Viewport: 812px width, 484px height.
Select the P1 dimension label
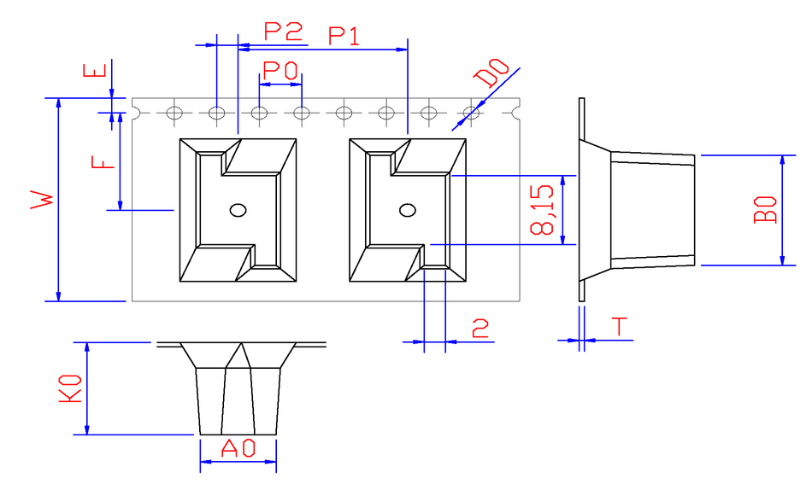pos(344,37)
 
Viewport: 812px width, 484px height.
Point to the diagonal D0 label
pos(492,73)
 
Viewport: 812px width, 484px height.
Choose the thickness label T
pos(620,327)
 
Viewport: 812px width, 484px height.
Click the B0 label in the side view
pos(766,210)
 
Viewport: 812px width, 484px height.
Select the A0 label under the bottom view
pos(238,448)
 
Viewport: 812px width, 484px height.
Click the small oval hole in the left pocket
pos(238,210)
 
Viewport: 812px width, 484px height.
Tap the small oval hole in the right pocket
pos(409,210)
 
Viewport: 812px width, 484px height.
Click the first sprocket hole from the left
pos(175,112)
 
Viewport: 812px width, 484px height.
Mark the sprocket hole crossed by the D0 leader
pos(470,112)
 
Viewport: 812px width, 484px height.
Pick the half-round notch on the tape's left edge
pos(136,112)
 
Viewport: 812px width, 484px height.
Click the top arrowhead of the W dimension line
pos(58,103)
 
